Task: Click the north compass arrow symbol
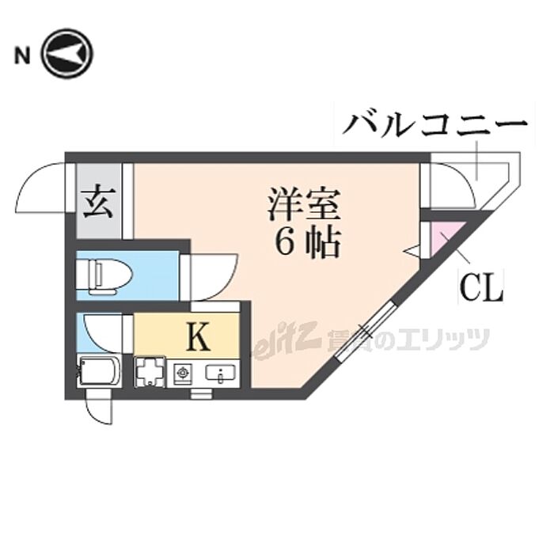pos(67,54)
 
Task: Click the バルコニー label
pos(436,126)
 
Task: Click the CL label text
pos(481,288)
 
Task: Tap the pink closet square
pos(441,239)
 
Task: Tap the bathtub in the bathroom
pos(99,370)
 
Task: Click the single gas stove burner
pos(182,371)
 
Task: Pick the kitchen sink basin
pos(219,372)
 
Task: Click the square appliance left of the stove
pos(148,370)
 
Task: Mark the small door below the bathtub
pos(102,407)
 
